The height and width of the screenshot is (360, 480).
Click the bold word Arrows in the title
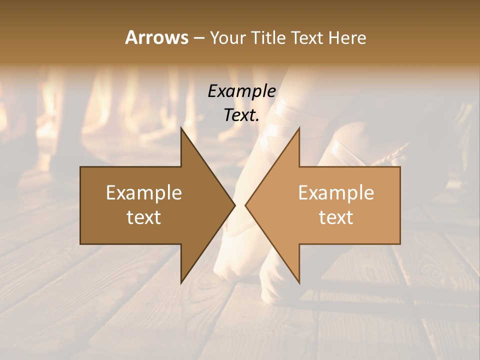(156, 37)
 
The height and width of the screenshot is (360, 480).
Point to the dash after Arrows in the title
(199, 38)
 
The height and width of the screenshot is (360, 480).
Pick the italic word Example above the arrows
(242, 91)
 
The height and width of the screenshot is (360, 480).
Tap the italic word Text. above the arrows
(242, 115)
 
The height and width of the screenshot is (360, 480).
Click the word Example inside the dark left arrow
(144, 192)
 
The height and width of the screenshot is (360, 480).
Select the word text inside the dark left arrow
(144, 217)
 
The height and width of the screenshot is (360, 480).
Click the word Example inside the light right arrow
(336, 192)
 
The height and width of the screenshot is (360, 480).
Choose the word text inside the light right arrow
(336, 217)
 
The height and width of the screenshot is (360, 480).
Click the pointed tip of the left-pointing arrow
(245, 205)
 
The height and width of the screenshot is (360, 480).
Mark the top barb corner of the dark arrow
(181, 128)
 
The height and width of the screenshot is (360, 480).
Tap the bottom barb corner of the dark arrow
(181, 282)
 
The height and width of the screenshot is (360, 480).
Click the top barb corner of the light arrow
(299, 128)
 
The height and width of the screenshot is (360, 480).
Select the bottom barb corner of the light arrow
(299, 282)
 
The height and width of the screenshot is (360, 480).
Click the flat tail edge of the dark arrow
(80, 205)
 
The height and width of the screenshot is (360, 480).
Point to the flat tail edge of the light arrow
(400, 205)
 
